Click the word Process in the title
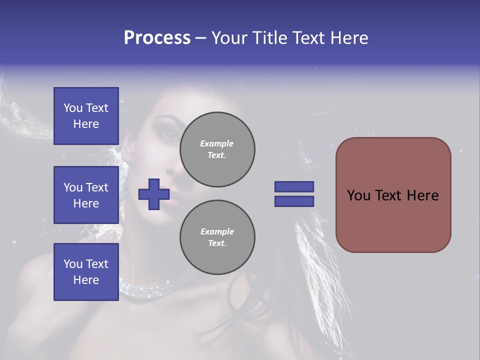157,38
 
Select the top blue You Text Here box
86,116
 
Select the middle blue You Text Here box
86,195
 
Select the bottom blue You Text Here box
86,271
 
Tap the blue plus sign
154,194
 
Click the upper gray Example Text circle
217,149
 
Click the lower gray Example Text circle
217,237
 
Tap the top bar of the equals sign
294,186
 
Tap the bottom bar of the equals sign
294,201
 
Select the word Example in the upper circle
216,143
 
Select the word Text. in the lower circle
217,243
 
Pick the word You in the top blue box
72,108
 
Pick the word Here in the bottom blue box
86,280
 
